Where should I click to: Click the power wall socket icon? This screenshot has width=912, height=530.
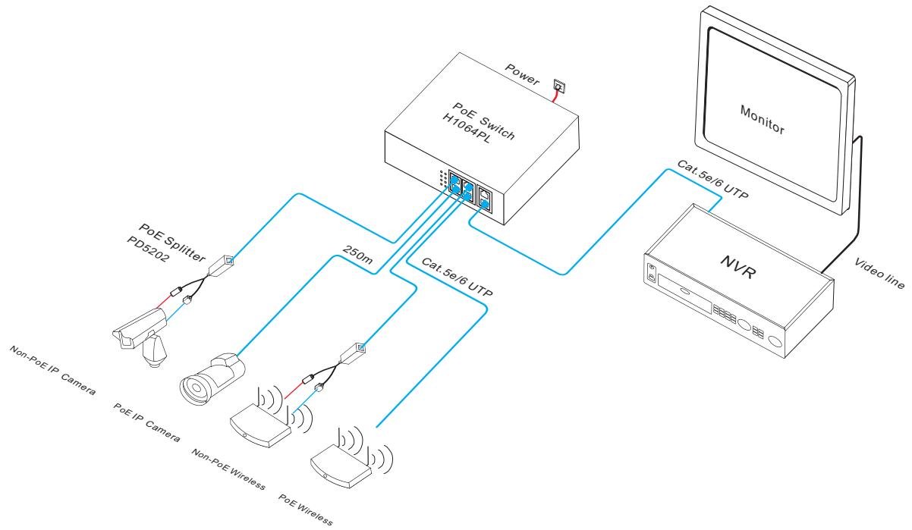pos(558,89)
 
